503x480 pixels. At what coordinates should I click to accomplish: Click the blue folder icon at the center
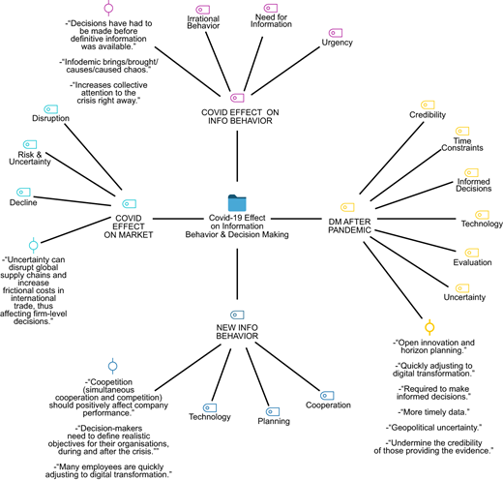point(237,202)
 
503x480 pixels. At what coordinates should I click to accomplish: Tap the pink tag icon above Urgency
point(336,33)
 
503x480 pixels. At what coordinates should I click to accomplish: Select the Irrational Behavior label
point(203,22)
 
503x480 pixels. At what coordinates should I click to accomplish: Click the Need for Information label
point(271,20)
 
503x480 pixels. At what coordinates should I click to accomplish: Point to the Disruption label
point(50,118)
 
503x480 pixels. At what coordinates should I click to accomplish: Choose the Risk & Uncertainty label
point(30,158)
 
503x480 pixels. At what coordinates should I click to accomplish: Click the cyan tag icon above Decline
point(23,192)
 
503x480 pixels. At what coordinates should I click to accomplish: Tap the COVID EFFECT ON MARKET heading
point(129,226)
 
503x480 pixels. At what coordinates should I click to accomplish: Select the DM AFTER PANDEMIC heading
point(349,225)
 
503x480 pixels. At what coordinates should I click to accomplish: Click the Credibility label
point(428,115)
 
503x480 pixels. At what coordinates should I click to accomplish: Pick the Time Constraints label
point(462,144)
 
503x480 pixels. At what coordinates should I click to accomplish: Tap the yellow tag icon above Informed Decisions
point(471,172)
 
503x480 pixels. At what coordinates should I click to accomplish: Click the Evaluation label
point(472,262)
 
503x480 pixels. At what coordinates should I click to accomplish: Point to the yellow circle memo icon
point(429,327)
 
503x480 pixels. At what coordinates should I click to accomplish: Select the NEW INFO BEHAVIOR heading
point(237,332)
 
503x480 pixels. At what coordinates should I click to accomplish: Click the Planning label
point(274,421)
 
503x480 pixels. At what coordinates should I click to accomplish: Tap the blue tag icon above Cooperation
point(327,396)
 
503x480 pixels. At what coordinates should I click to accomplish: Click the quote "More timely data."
point(433,412)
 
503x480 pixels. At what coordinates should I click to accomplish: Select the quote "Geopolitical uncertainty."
point(433,428)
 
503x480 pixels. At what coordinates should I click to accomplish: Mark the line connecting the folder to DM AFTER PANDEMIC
point(296,219)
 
